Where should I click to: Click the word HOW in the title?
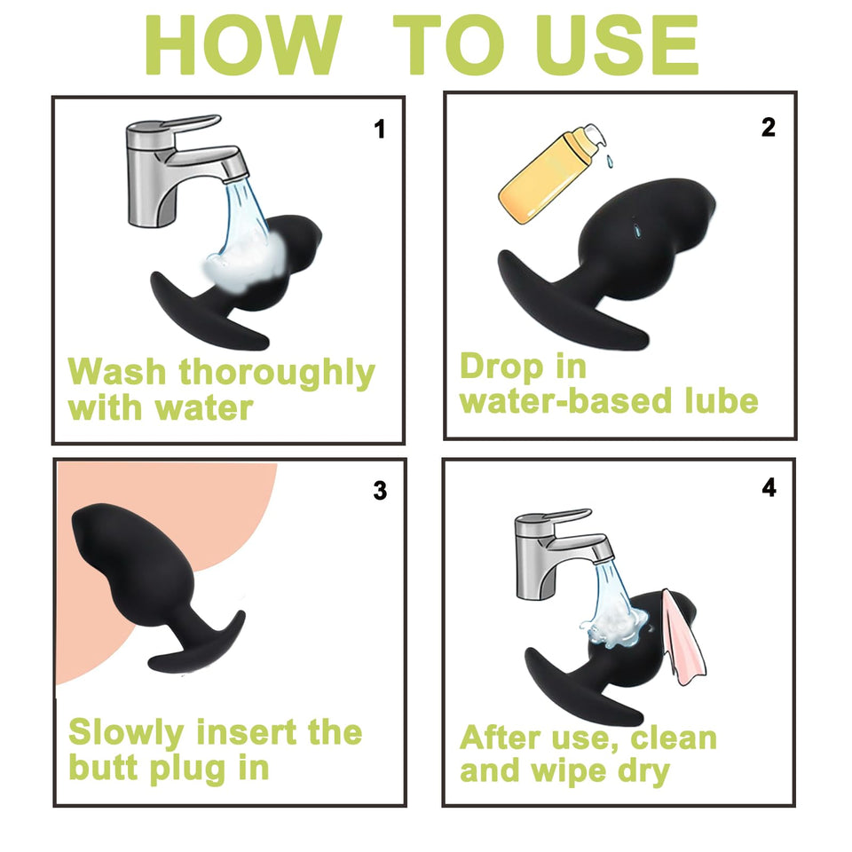click(x=243, y=45)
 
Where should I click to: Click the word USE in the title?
click(x=619, y=45)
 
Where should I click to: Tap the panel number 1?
click(x=379, y=130)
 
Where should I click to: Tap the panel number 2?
click(x=769, y=128)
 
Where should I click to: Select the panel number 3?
click(x=380, y=491)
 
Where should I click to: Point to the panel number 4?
click(x=769, y=487)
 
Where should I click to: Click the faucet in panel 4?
click(x=563, y=554)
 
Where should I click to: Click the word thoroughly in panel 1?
click(x=277, y=374)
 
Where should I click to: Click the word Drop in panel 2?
click(x=501, y=367)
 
